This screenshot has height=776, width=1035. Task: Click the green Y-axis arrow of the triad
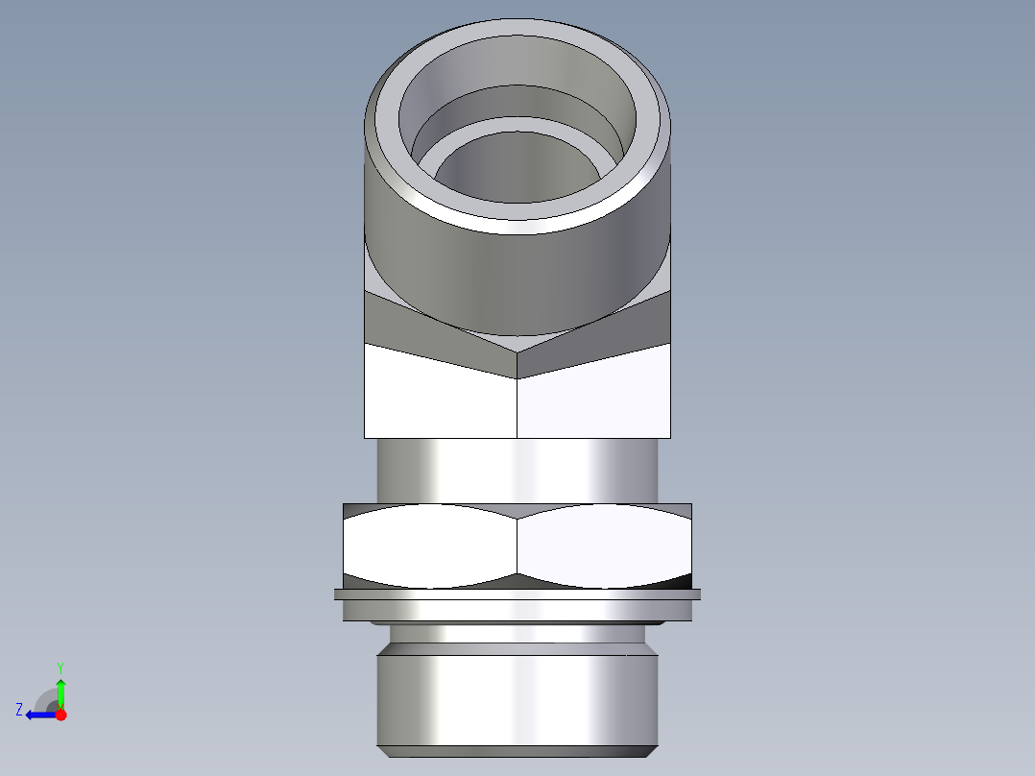click(60, 691)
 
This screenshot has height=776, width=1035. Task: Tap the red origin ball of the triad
click(60, 715)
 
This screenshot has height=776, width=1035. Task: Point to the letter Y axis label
click(60, 667)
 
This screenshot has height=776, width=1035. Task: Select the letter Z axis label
click(19, 710)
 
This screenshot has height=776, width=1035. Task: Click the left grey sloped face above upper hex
click(422, 327)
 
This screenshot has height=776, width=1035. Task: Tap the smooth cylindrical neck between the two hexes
click(518, 471)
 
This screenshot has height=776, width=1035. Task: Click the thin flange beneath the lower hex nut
click(518, 594)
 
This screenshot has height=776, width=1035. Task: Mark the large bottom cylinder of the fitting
click(518, 696)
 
